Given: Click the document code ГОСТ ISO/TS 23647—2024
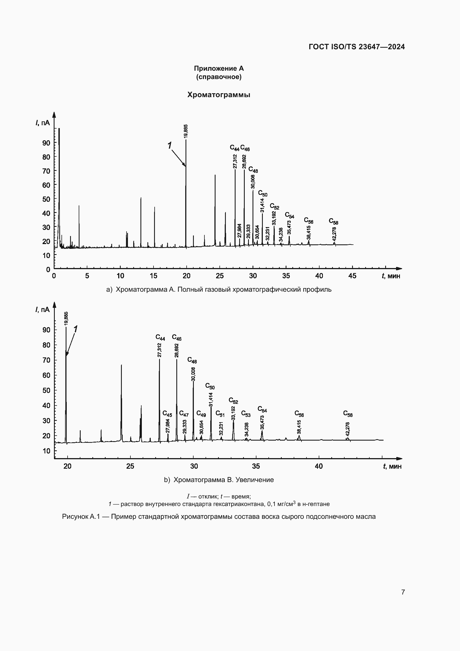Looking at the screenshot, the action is click(x=357, y=47).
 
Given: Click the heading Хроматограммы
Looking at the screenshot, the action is click(x=219, y=95).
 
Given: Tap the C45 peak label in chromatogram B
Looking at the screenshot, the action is click(x=167, y=414).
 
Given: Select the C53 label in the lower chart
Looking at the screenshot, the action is click(x=246, y=414).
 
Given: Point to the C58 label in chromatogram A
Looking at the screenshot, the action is click(x=333, y=221).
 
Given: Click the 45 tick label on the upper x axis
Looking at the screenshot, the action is click(x=352, y=276).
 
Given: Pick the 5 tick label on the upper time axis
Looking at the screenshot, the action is click(x=87, y=276).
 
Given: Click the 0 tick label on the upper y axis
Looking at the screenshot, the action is click(x=48, y=269).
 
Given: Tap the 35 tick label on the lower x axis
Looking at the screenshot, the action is click(x=256, y=466).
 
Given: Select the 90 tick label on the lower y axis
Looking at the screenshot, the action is click(x=46, y=330).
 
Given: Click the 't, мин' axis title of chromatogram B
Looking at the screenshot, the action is click(x=392, y=466).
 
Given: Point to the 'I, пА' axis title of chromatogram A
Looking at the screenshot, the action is click(x=43, y=123).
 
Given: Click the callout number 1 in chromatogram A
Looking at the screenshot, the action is click(x=169, y=146).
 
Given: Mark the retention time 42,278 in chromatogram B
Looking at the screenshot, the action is click(x=348, y=429).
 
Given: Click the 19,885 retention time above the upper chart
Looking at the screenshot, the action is click(x=186, y=131).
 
